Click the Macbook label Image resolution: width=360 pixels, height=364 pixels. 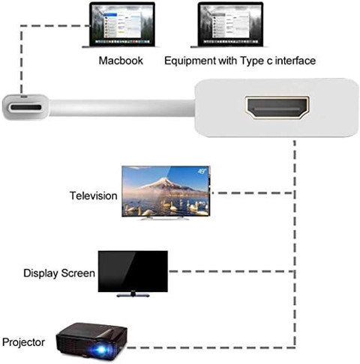pyautogui.click(x=121, y=61)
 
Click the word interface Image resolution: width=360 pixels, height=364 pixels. pyautogui.click(x=295, y=61)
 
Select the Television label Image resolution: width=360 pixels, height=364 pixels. pyautogui.click(x=93, y=195)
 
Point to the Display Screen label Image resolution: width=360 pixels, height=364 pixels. pyautogui.click(x=59, y=273)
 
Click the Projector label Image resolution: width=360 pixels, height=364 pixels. pyautogui.click(x=23, y=342)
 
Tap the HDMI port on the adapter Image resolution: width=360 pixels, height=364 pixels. pyautogui.click(x=277, y=108)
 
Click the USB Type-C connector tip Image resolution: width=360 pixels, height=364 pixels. pyautogui.click(x=25, y=107)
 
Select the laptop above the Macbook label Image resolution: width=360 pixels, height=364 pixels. pyautogui.click(x=121, y=25)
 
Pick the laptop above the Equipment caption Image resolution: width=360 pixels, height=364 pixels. pyautogui.click(x=230, y=25)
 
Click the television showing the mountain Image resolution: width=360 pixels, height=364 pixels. pyautogui.click(x=166, y=192)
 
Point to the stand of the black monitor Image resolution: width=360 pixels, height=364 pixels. pyautogui.click(x=133, y=294)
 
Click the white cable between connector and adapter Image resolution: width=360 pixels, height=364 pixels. pyautogui.click(x=121, y=108)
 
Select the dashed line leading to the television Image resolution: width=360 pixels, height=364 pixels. pyautogui.click(x=253, y=192)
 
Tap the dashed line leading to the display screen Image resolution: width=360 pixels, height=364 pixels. pyautogui.click(x=232, y=271)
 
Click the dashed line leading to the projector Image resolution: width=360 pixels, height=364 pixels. pyautogui.click(x=211, y=348)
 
